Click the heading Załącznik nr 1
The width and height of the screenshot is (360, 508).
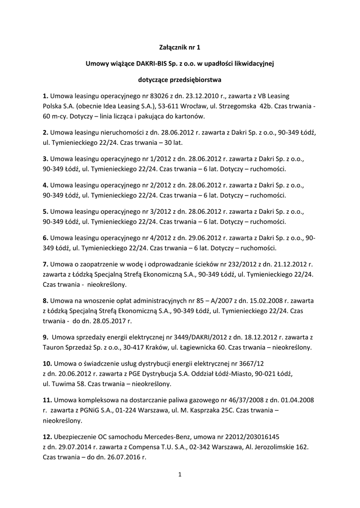[x=180, y=48]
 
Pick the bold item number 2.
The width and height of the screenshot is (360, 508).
[x=45, y=132]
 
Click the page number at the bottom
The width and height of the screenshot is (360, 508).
[x=180, y=475]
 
